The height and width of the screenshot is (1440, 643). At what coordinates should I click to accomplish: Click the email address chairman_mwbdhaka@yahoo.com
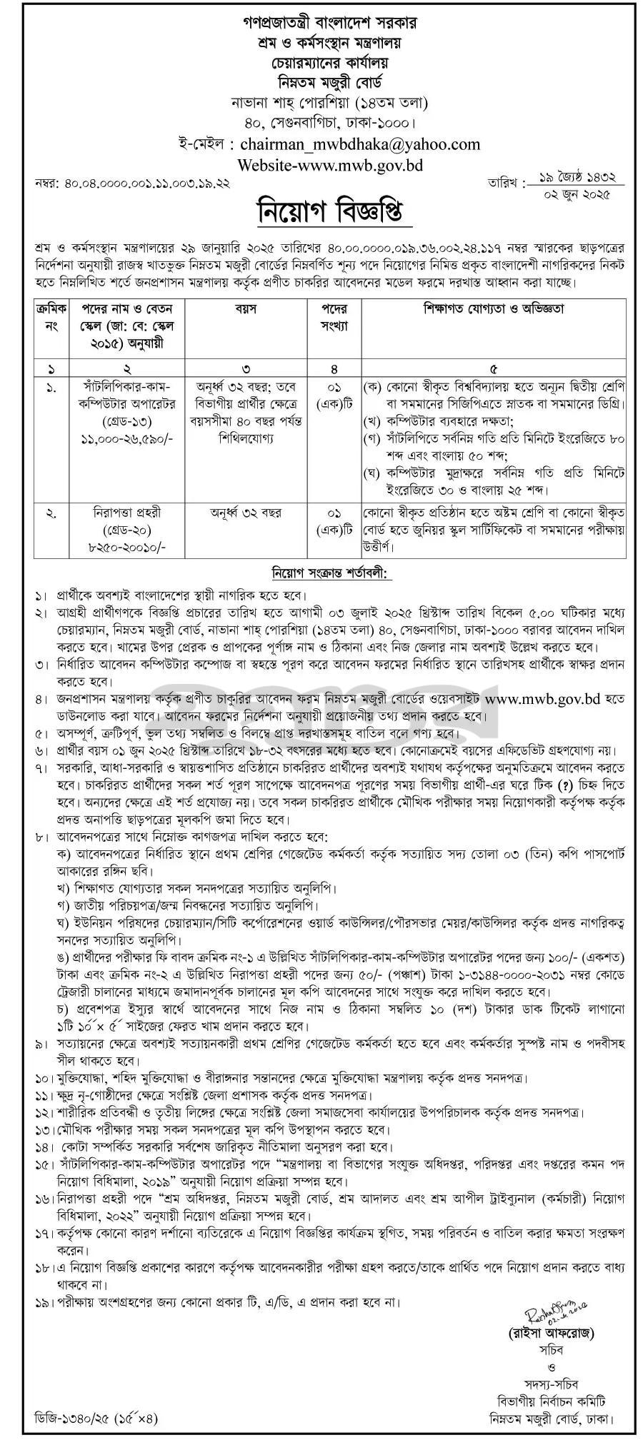tap(360, 144)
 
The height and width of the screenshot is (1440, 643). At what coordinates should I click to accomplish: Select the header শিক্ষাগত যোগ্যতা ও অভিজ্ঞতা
tap(494, 309)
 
